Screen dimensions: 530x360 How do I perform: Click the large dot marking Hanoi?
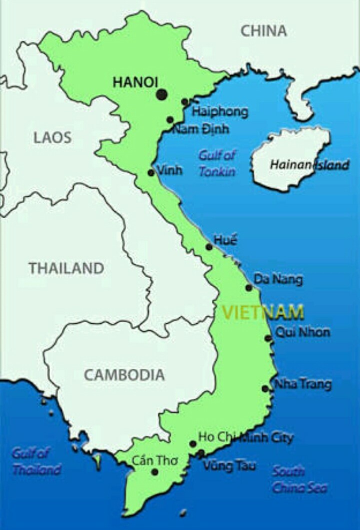(161, 94)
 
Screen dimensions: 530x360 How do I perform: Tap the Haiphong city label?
(220, 111)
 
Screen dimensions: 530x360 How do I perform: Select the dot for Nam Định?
(170, 120)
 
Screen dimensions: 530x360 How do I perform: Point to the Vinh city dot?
(151, 173)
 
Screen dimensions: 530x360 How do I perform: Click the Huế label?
(225, 240)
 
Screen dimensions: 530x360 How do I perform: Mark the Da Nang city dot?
(248, 288)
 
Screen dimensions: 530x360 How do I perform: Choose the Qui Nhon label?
(302, 332)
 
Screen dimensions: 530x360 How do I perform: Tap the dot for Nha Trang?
(265, 389)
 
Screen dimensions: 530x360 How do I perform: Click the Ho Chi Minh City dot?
(192, 444)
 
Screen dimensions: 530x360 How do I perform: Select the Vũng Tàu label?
(229, 465)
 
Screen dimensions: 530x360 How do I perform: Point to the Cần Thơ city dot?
(155, 472)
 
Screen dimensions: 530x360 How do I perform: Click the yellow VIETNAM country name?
(263, 312)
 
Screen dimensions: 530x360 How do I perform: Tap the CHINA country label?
(264, 31)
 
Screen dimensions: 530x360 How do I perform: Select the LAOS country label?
(52, 138)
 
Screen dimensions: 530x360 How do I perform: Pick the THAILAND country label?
(66, 268)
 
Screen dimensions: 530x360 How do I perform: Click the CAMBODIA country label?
(124, 375)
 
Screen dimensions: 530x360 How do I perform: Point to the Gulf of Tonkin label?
(217, 163)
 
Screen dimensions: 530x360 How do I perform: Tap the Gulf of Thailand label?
(36, 461)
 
